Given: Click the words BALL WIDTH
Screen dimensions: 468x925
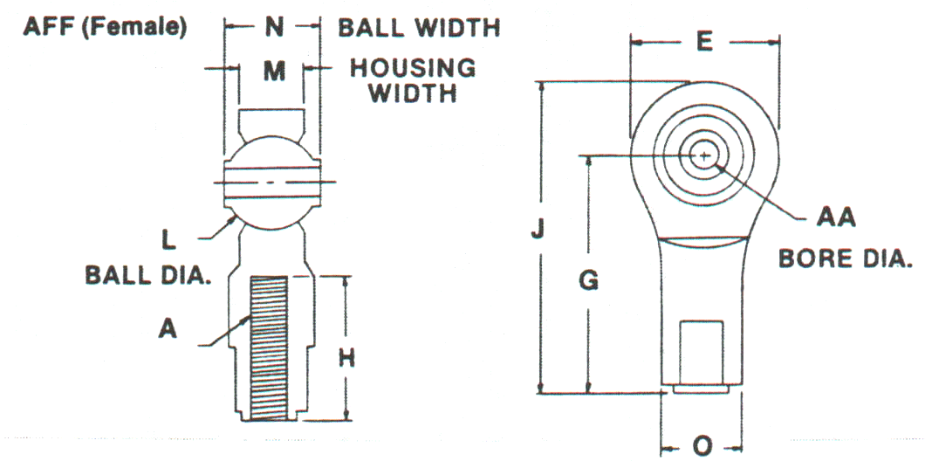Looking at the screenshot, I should click(419, 28).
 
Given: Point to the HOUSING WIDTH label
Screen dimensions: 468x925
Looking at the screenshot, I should click(413, 79).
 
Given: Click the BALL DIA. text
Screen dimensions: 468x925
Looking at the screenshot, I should click(149, 275).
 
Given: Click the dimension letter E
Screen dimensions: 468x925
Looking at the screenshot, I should click(705, 42).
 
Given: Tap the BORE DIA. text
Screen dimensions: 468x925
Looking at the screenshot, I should click(843, 259).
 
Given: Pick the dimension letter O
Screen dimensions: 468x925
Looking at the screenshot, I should click(701, 447).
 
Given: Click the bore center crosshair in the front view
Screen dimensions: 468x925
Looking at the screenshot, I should click(704, 155).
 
